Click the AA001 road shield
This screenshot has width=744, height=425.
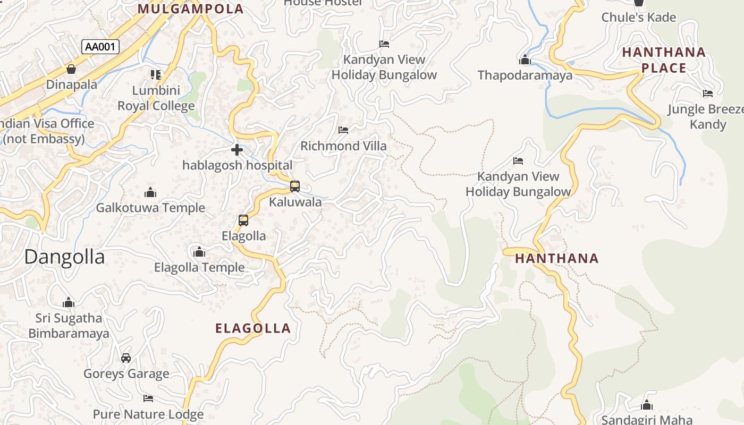[x=100, y=47]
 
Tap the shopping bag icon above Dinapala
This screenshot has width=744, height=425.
[x=71, y=69]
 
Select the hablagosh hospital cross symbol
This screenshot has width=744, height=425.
[x=237, y=150]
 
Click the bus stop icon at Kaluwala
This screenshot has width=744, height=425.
[x=295, y=186]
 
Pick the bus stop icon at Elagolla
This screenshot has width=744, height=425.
[x=243, y=220]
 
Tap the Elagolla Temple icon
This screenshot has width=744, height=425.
[x=199, y=252]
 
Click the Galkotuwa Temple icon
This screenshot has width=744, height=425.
[x=150, y=192]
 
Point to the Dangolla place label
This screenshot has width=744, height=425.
[x=64, y=257]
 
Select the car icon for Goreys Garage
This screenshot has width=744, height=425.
[x=126, y=358]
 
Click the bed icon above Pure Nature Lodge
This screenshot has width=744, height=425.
[x=148, y=398]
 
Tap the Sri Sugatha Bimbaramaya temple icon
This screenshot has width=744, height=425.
[x=69, y=303]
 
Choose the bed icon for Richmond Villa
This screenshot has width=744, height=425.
[x=343, y=130]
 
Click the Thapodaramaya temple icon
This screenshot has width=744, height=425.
[x=525, y=59]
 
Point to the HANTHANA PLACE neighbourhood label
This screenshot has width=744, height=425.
[x=664, y=60]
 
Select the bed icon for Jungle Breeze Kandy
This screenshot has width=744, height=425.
[x=707, y=93]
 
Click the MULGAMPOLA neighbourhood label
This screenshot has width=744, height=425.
[x=191, y=9]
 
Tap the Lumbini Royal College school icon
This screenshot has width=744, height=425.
[x=156, y=74]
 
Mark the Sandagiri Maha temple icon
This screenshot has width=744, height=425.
[x=647, y=405]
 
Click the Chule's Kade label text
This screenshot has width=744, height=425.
[x=638, y=18]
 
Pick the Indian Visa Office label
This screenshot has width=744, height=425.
[x=45, y=131]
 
